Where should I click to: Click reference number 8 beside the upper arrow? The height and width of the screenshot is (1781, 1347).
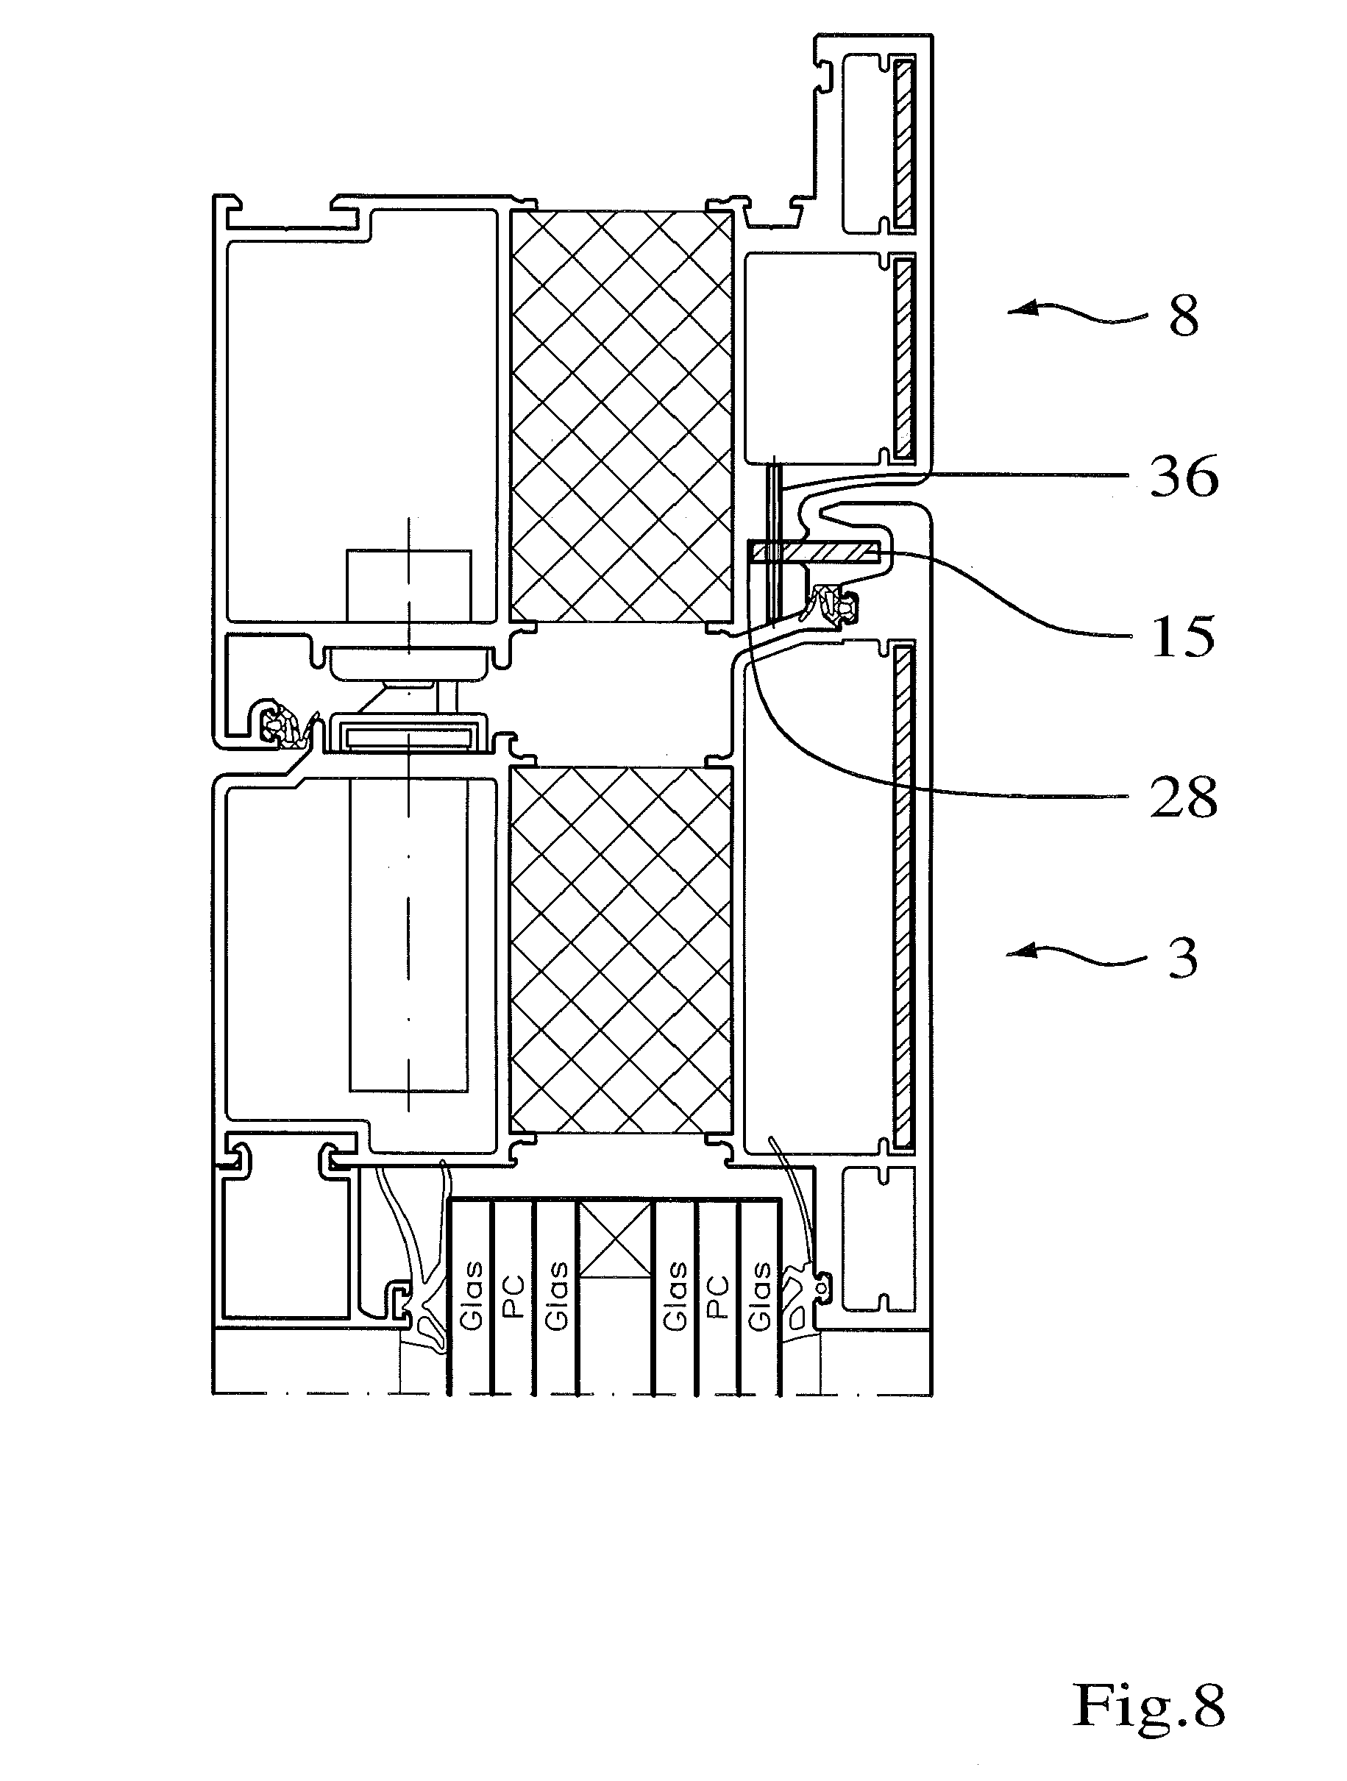pyautogui.click(x=1184, y=316)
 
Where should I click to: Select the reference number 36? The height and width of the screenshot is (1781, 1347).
pyautogui.click(x=1184, y=477)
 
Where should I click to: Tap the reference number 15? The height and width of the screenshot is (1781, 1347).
pyautogui.click(x=1183, y=637)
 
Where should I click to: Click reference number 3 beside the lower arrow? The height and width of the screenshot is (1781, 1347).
pyautogui.click(x=1184, y=957)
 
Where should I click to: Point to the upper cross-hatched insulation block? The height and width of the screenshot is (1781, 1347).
pyautogui.click(x=622, y=416)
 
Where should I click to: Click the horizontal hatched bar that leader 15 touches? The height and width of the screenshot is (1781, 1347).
pyautogui.click(x=814, y=552)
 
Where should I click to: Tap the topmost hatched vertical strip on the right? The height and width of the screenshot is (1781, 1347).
pyautogui.click(x=904, y=143)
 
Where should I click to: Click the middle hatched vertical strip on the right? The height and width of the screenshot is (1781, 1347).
pyautogui.click(x=904, y=360)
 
